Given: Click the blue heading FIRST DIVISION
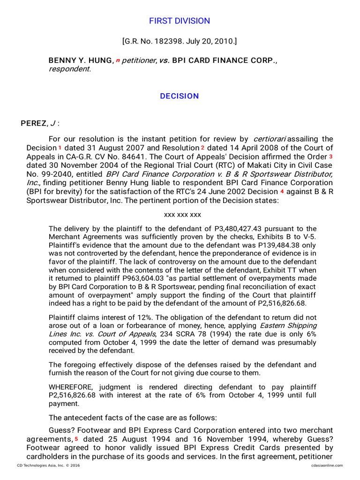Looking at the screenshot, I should pos(180,21).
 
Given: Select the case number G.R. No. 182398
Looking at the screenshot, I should pos(155,42).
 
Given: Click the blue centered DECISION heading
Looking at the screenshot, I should pos(180,96).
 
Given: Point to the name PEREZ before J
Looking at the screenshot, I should pos(34,123).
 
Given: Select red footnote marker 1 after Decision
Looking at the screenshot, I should pos(60,148).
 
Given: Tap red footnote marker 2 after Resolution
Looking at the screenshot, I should pos(202,148).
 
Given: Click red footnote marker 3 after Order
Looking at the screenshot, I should pos(330,156).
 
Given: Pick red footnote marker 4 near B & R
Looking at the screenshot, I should pos(282,192).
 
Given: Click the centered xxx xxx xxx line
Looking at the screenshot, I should pos(182,215).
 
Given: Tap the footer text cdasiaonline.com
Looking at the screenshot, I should pos(326,465).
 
